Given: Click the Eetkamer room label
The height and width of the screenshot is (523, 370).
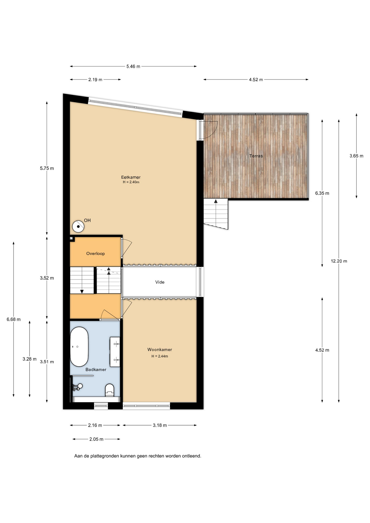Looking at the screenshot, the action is (131, 177).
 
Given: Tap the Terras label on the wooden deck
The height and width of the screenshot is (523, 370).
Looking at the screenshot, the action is (256, 156).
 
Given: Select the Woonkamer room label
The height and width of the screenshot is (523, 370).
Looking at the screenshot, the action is (160, 349).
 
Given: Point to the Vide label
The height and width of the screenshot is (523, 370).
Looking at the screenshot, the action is (160, 282).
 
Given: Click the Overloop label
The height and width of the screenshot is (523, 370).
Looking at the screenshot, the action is (95, 254).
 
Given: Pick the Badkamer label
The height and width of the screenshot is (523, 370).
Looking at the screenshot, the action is (96, 370).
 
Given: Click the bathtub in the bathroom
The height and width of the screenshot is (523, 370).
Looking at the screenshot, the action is (79, 347).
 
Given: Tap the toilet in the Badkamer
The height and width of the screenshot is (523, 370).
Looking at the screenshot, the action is (110, 390).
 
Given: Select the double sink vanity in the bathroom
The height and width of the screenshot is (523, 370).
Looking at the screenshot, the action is (115, 352).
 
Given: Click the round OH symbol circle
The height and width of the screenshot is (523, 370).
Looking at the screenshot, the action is (78, 226).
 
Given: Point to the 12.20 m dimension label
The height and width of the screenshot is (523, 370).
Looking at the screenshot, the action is (339, 261).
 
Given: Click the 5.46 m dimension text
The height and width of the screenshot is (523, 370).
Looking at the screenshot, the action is (133, 66).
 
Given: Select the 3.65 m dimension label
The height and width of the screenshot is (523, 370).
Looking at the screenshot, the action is (356, 156).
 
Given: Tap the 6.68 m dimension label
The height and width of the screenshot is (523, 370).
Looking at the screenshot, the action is (14, 319).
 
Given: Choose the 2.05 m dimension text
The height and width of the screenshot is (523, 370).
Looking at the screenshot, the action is (96, 439).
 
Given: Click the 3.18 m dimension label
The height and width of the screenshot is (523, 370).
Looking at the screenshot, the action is (160, 425).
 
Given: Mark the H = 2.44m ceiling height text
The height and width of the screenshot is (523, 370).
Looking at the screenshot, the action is (160, 356).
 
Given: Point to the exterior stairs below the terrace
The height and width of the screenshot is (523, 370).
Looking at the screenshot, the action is (216, 214).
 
